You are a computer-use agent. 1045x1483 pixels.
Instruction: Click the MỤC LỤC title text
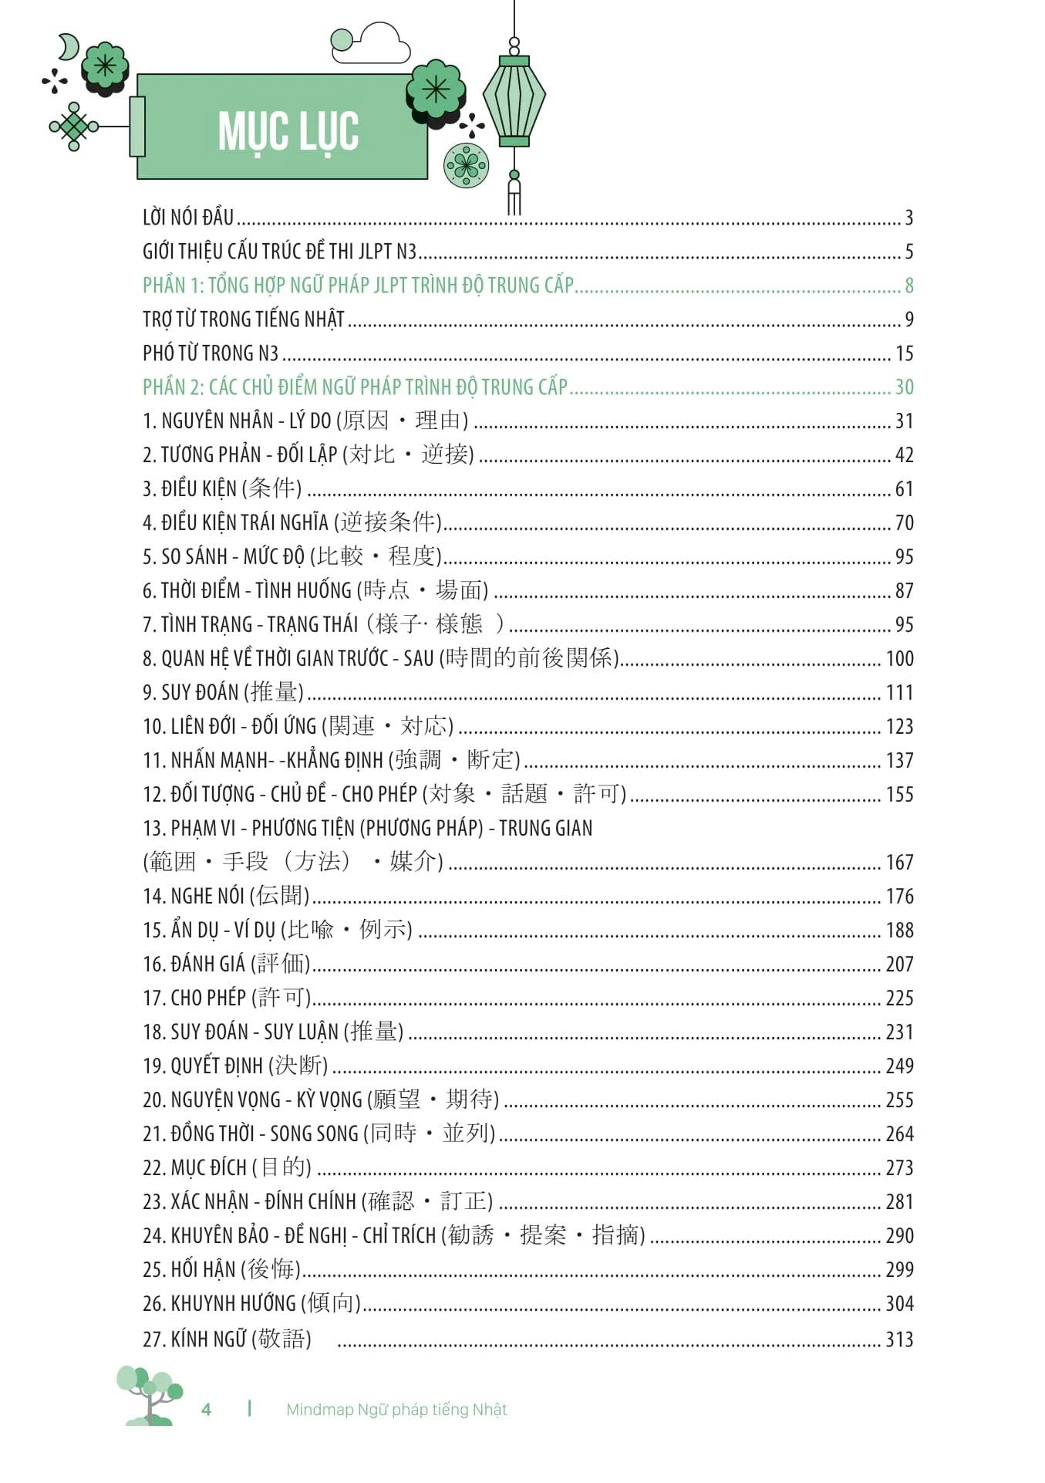[288, 131]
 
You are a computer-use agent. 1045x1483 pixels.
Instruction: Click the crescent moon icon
[69, 47]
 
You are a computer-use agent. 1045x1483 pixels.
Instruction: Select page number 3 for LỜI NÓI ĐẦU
[908, 218]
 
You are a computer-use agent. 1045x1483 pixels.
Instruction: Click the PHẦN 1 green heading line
[358, 285]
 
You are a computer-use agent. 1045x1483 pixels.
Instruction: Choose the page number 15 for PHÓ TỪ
[904, 354]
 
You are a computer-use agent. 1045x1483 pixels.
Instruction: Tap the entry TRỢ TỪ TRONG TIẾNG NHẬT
[243, 319]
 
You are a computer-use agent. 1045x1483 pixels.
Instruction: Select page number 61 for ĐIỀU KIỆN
[904, 489]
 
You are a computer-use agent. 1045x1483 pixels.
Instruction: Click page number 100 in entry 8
[899, 659]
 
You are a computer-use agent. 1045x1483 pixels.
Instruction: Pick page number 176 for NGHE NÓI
[899, 897]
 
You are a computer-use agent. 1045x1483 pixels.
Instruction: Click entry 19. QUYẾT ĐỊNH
[234, 1066]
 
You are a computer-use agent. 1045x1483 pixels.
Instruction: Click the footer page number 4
[206, 1410]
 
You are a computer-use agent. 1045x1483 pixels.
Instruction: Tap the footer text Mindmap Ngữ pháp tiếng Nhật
[396, 1410]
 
